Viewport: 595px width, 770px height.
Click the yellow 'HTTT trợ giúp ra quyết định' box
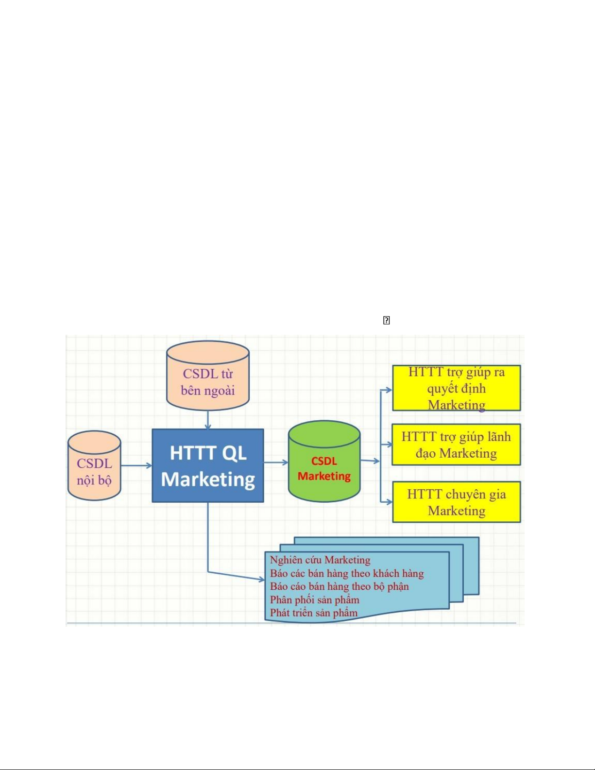pos(456,388)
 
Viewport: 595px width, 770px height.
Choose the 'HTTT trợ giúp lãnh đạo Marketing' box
pos(456,445)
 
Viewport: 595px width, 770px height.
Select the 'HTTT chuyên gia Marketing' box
pos(456,502)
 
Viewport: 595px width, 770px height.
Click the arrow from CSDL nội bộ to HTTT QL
pos(136,465)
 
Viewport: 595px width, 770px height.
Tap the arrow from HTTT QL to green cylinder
pos(276,462)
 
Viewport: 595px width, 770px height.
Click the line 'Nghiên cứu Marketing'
pos(320,560)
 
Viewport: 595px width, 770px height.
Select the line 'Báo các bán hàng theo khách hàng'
pos(347,573)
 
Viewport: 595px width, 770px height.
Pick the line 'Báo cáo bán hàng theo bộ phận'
pos(339,586)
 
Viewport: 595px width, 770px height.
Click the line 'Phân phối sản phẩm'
pos(315,599)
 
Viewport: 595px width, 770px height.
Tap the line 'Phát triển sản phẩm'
pos(314,613)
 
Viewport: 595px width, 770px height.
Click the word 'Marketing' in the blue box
pos(208,479)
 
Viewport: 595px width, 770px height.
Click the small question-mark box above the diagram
pos(387,320)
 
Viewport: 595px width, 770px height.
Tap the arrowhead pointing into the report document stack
pos(261,579)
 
